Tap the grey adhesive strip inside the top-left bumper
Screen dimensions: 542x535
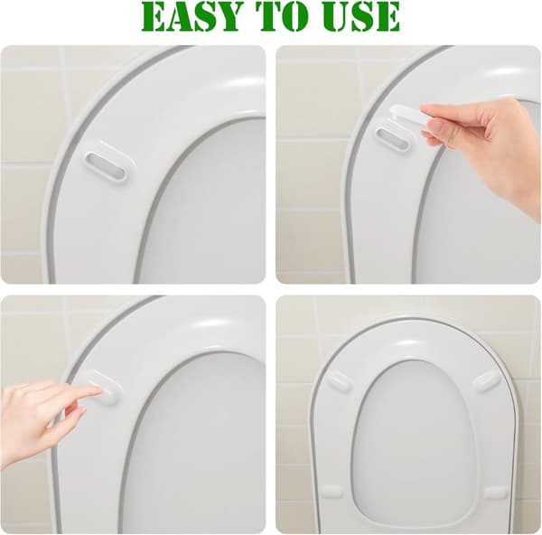pos(106,165)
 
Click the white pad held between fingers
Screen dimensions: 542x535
pos(409,115)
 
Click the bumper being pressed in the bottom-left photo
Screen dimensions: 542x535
pos(99,385)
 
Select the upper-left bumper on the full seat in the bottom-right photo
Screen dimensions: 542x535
pos(339,380)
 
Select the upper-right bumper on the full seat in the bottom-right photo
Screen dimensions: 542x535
pos(487,380)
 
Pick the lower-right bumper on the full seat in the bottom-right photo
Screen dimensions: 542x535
pos(495,492)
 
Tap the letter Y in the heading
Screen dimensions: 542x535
pos(226,17)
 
